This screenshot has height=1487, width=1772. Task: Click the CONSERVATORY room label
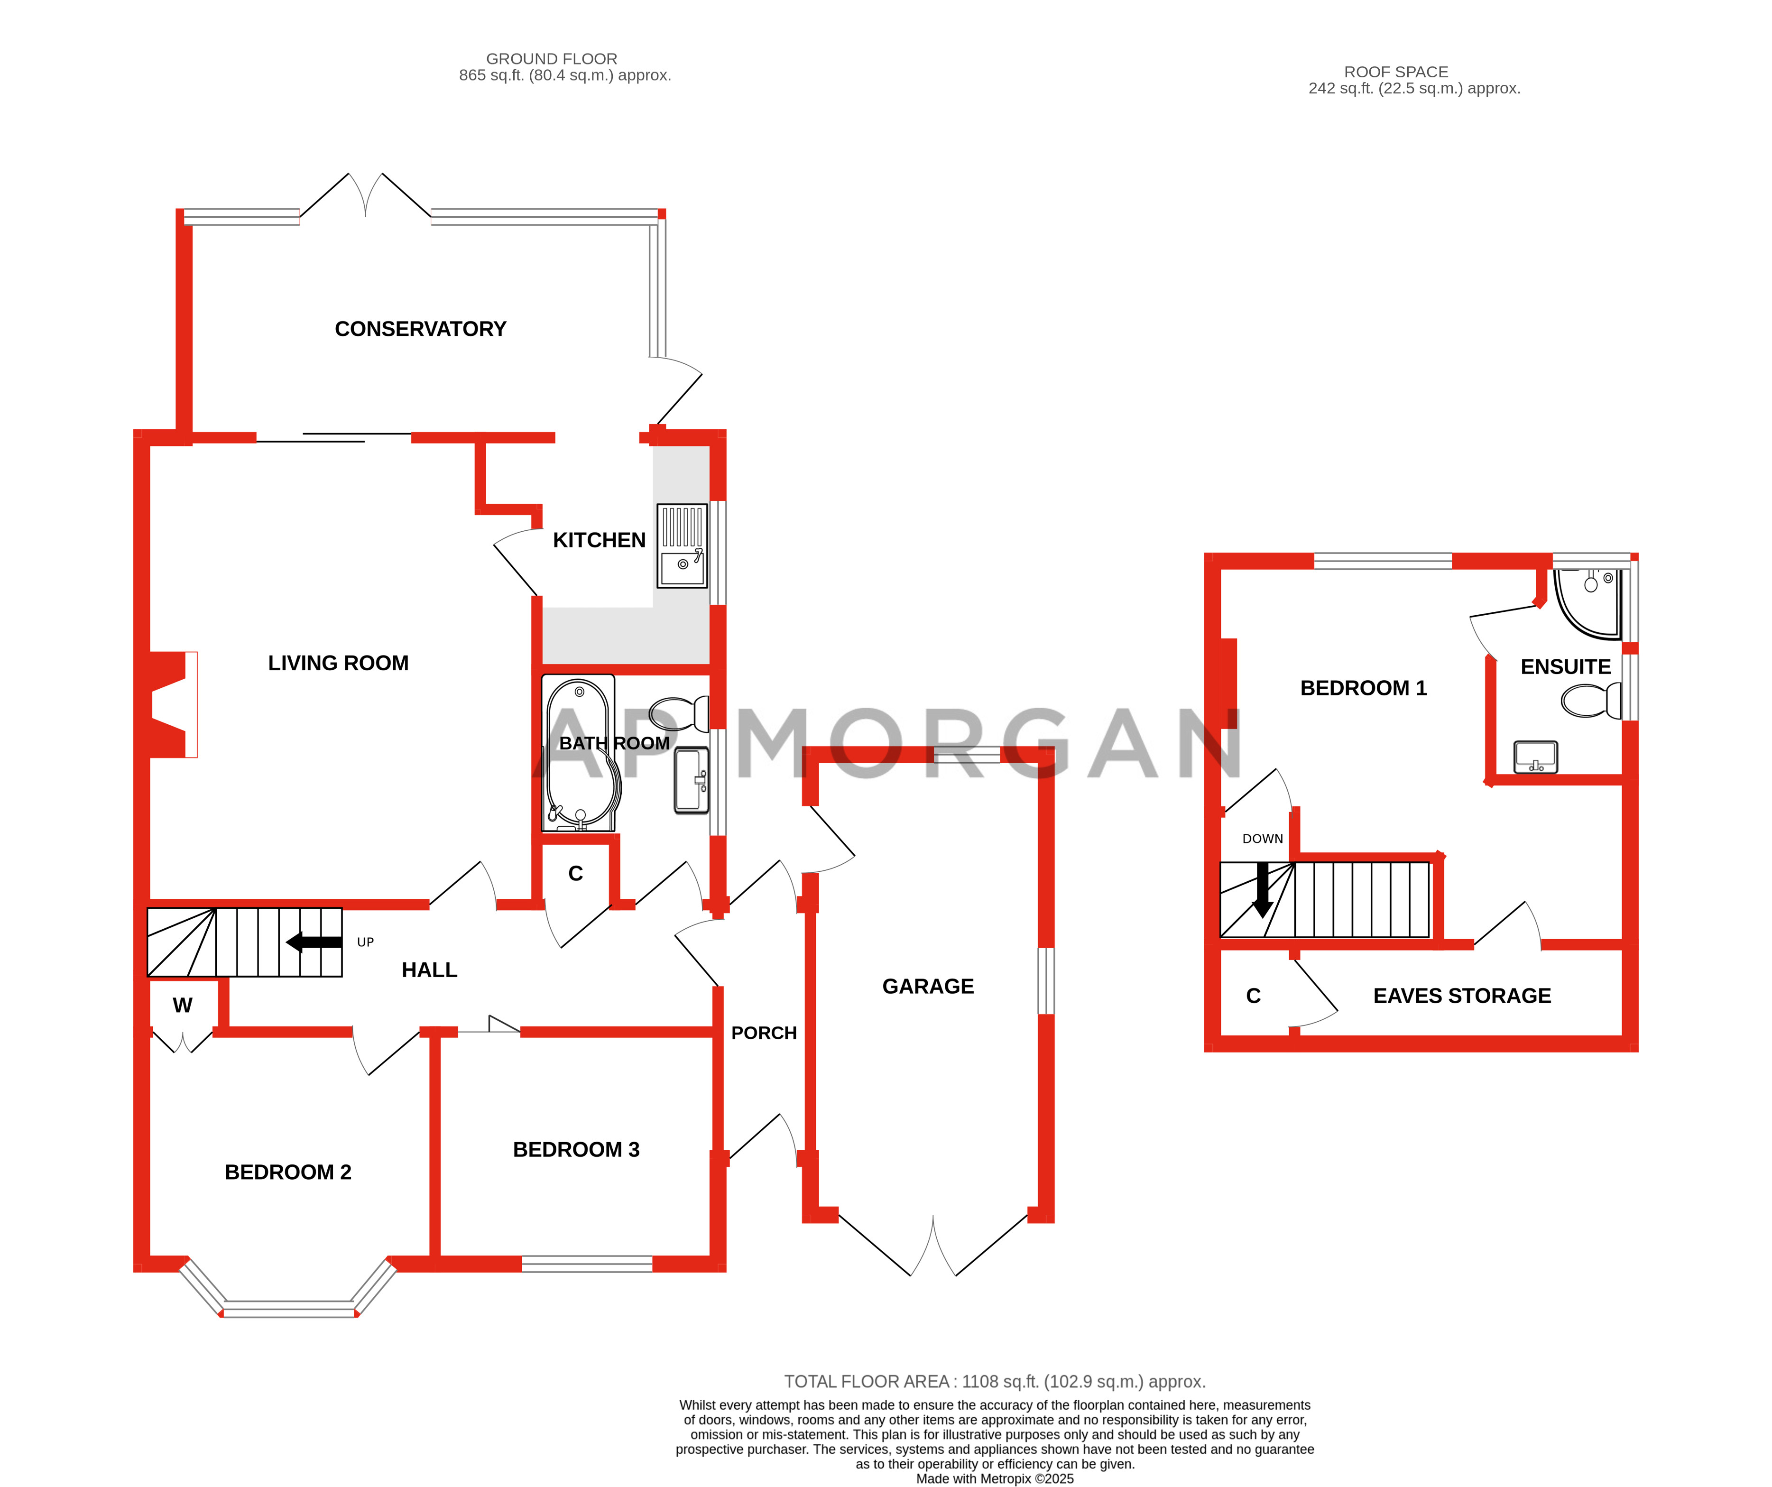(x=420, y=329)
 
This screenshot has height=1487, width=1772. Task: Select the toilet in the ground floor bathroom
(x=680, y=713)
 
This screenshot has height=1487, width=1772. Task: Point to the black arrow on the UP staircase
(x=314, y=942)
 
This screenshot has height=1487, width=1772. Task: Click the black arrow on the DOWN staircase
(x=1262, y=889)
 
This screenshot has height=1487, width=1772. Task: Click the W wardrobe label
(x=182, y=1005)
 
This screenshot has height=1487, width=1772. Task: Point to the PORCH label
(x=764, y=1033)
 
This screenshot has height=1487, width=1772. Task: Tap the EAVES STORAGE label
(x=1461, y=996)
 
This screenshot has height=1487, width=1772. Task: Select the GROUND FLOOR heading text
(x=552, y=59)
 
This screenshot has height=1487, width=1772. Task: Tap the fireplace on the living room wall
(x=173, y=705)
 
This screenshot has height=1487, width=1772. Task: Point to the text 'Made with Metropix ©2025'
(x=995, y=1478)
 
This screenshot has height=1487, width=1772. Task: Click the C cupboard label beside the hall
(x=575, y=874)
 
